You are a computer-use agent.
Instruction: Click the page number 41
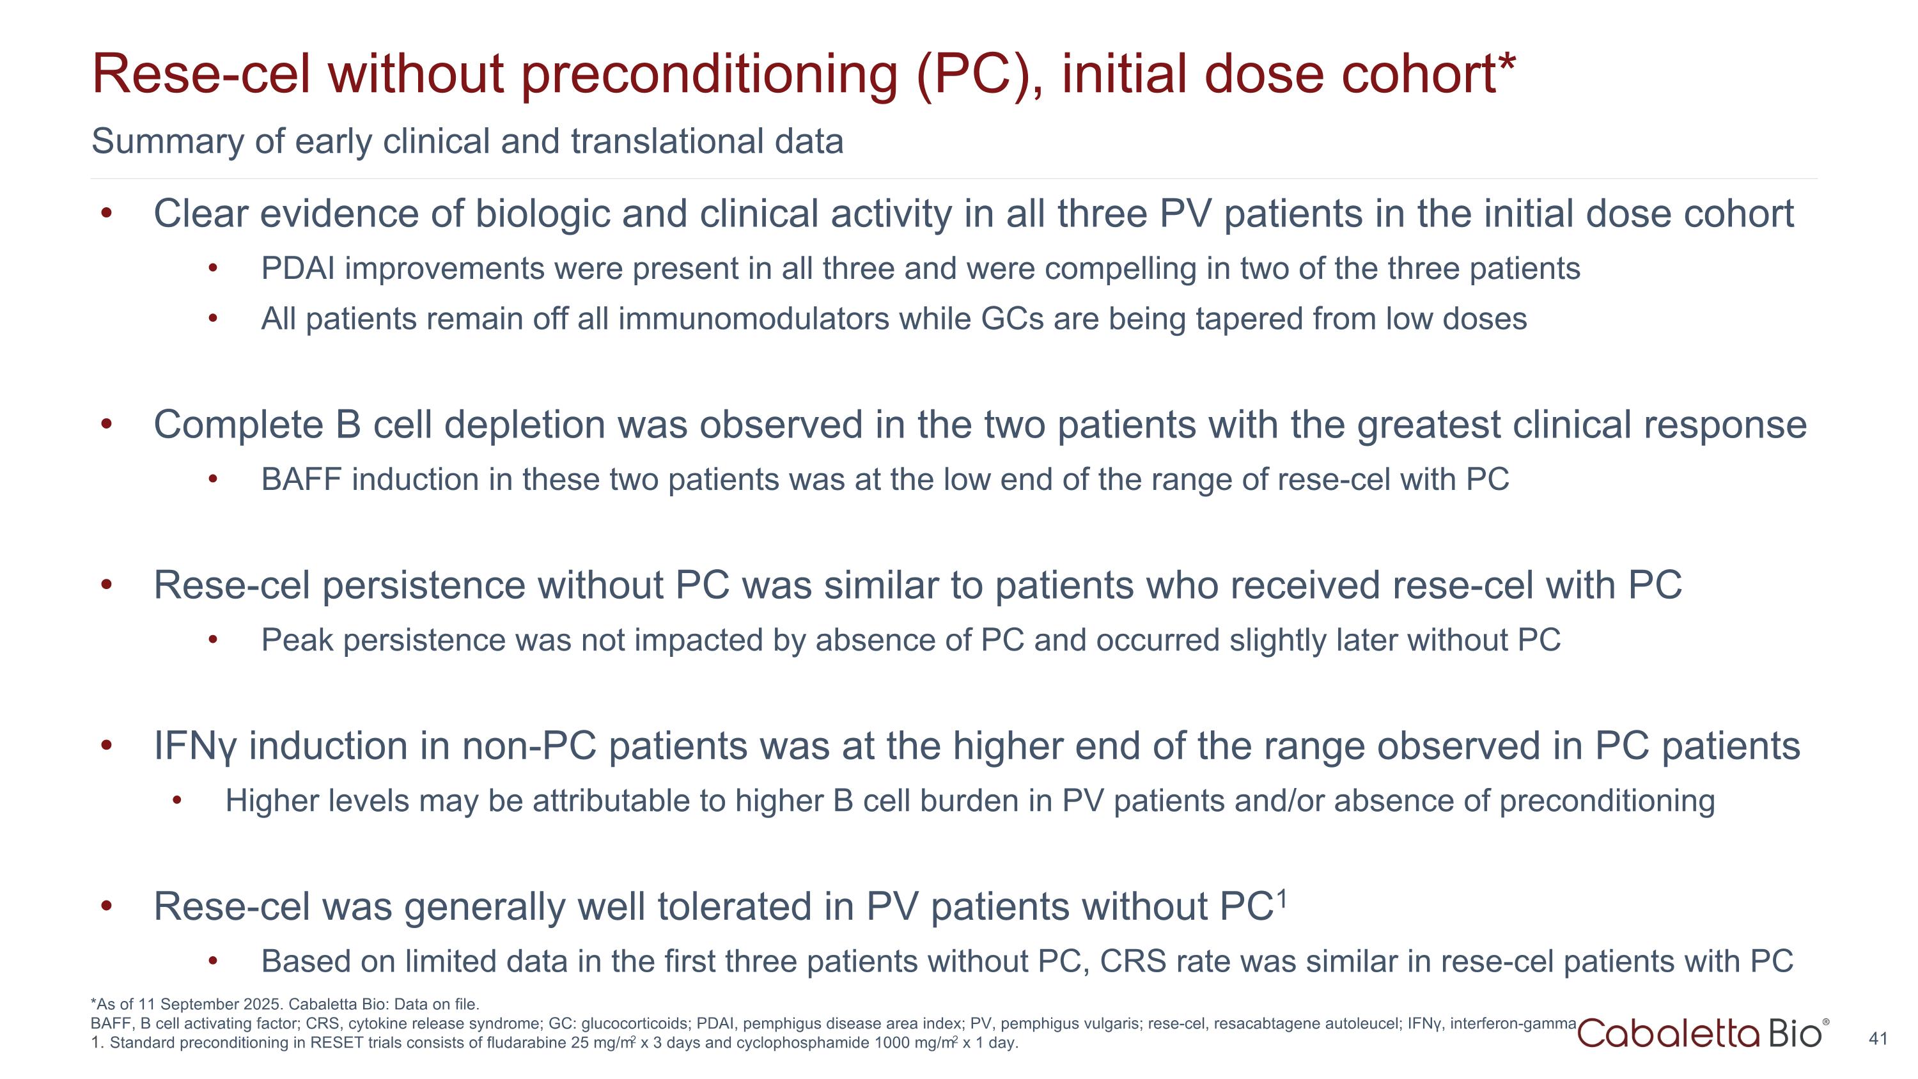click(1878, 1038)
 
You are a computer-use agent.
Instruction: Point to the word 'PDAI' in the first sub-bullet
click(298, 269)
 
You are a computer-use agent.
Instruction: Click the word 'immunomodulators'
click(754, 319)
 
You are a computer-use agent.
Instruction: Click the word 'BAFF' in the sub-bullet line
click(300, 480)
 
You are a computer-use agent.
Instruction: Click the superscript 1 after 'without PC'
click(1281, 899)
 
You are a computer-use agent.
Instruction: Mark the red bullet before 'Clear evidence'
click(107, 214)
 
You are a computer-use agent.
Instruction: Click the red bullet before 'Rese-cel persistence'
click(107, 585)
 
